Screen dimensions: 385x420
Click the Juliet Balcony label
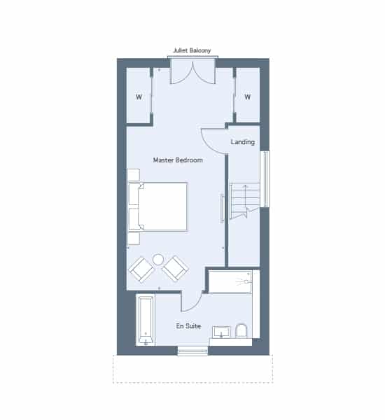(x=192, y=50)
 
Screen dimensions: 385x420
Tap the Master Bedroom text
(x=178, y=160)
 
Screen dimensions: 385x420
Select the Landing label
(x=243, y=142)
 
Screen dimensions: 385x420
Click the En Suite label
(x=188, y=326)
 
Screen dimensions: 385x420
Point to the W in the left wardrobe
(x=139, y=97)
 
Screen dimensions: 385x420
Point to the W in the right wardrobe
(x=248, y=97)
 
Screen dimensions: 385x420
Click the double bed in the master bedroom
(x=158, y=206)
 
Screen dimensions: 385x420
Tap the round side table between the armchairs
(x=158, y=260)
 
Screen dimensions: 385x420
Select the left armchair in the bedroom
(x=141, y=269)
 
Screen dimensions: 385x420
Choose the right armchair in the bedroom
(x=176, y=269)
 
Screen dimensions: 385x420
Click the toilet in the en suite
(x=241, y=331)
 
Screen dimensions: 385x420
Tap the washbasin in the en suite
(x=221, y=332)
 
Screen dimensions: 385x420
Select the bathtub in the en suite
(x=146, y=321)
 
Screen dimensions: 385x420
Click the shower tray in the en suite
(x=230, y=281)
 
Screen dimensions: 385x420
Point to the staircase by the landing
(x=244, y=200)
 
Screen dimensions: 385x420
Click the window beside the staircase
(x=265, y=179)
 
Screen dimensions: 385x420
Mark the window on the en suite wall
(x=192, y=351)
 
